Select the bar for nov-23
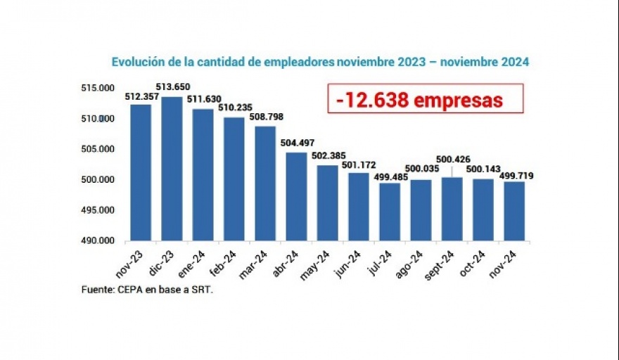(x=141, y=172)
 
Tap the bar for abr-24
(x=296, y=196)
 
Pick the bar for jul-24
(x=390, y=211)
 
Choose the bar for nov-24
(x=514, y=211)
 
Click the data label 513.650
(x=173, y=87)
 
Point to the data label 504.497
(x=297, y=143)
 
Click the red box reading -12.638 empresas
(x=426, y=99)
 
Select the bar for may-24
(x=327, y=202)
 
